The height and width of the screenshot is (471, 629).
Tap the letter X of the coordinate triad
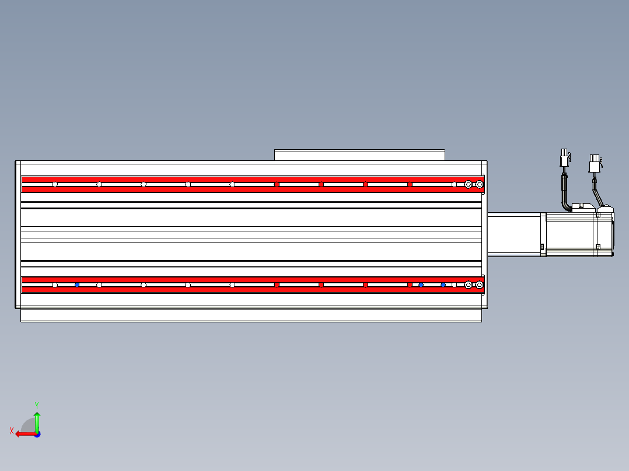[12, 431]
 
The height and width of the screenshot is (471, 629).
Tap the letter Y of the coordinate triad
[37, 404]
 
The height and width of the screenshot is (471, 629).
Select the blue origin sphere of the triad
[37, 434]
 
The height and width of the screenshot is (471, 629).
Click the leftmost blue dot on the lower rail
[77, 285]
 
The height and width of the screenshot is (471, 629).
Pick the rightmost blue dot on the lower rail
[443, 285]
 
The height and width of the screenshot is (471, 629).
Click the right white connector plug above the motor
[595, 163]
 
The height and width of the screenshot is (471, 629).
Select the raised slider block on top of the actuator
[359, 155]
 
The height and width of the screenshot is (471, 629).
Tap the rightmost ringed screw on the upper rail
[480, 185]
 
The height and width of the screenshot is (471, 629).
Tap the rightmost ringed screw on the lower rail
[480, 285]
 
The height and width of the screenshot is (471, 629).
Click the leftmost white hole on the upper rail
[55, 185]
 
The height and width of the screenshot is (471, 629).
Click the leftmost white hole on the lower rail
[55, 285]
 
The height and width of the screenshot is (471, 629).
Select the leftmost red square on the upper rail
[277, 185]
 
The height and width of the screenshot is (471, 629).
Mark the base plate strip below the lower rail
[251, 315]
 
